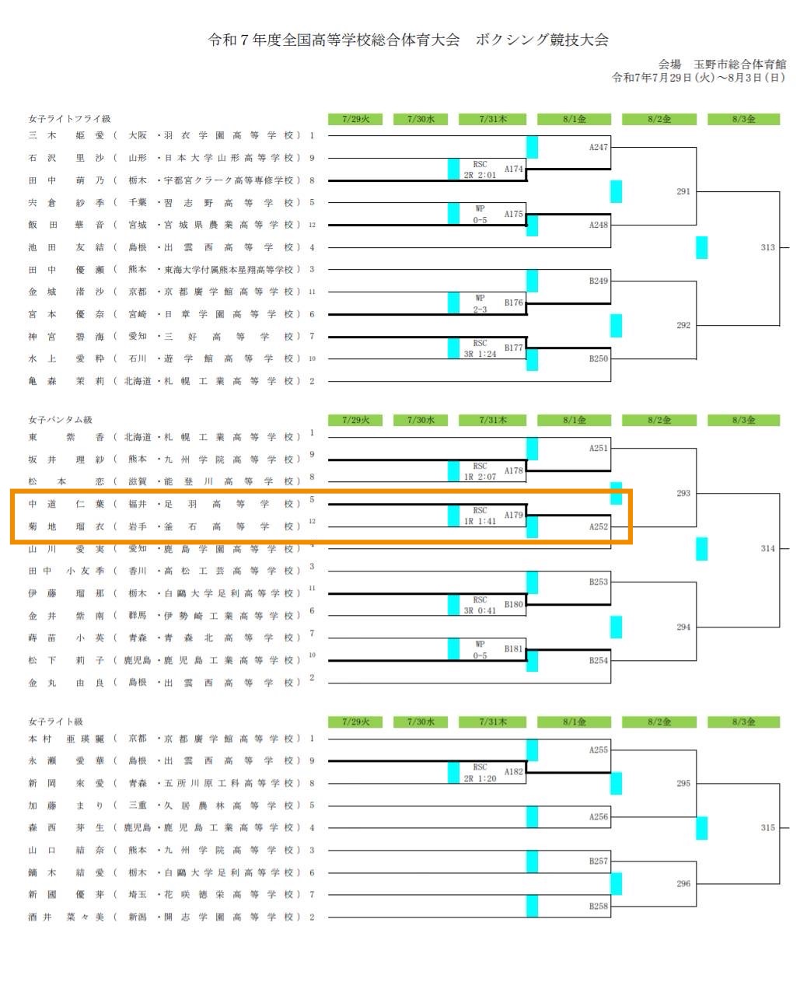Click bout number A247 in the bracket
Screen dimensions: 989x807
[598, 147]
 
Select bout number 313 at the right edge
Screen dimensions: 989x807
[767, 247]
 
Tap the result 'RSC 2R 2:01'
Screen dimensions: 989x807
[480, 169]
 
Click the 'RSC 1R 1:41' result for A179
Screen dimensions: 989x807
[480, 516]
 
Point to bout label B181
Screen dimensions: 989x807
[513, 648]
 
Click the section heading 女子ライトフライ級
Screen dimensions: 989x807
[69, 119]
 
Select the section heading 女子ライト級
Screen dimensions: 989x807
[55, 722]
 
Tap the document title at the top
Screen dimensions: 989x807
[407, 40]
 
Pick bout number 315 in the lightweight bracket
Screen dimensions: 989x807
[767, 828]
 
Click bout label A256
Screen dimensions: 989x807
[598, 816]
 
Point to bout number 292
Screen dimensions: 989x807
[683, 325]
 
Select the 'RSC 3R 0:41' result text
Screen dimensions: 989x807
[480, 606]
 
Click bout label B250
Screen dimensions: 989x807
[598, 358]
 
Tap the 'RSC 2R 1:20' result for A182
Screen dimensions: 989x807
[480, 773]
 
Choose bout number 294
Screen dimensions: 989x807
[683, 627]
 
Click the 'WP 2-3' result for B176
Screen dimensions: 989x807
[480, 303]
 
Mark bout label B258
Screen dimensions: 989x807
[598, 906]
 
